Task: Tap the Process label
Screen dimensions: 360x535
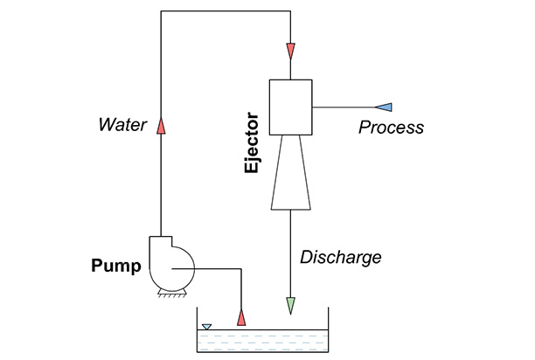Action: tap(392, 128)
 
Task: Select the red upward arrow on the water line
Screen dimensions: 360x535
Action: tap(161, 128)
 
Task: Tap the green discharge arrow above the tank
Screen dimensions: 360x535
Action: tap(290, 306)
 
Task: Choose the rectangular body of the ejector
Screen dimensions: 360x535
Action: tap(290, 107)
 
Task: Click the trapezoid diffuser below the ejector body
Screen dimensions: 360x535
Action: tap(290, 173)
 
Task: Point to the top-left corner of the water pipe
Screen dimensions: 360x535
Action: tap(161, 11)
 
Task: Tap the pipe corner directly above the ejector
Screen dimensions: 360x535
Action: tap(290, 11)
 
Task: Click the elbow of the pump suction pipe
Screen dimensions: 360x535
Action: tap(242, 270)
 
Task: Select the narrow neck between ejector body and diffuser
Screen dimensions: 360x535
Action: tap(290, 137)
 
